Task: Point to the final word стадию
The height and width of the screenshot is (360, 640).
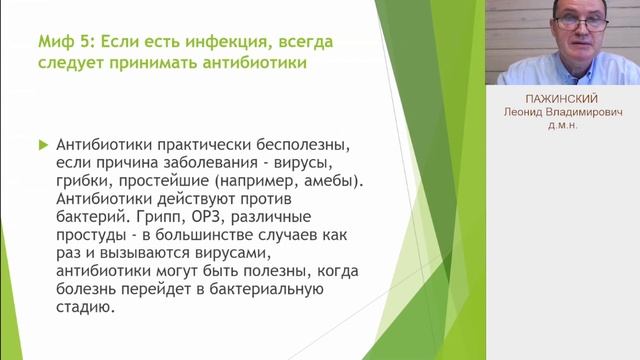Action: (x=85, y=310)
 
